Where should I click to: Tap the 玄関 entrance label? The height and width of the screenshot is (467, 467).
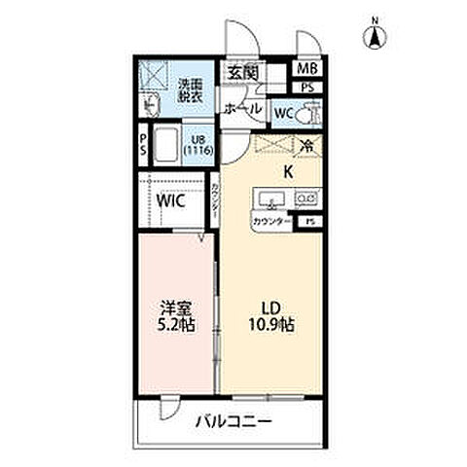tap(243, 73)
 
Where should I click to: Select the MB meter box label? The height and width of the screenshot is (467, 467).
tap(306, 69)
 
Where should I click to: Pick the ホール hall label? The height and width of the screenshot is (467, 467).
tap(242, 110)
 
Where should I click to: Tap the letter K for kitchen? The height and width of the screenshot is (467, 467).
tap(288, 172)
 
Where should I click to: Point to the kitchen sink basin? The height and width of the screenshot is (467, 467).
tap(270, 199)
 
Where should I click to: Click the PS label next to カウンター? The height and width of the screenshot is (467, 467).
tap(309, 222)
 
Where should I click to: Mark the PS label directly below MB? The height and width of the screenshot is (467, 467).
tap(307, 88)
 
